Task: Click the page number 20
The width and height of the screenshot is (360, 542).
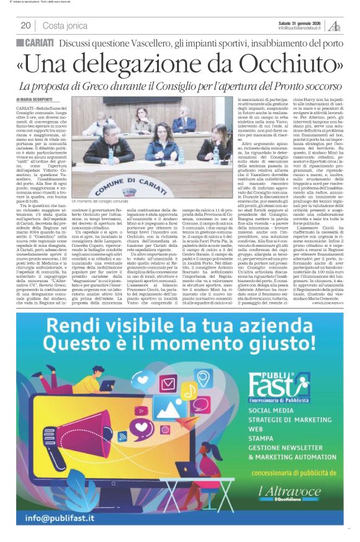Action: (x=25, y=25)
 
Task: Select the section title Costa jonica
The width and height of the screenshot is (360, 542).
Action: (x=65, y=25)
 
